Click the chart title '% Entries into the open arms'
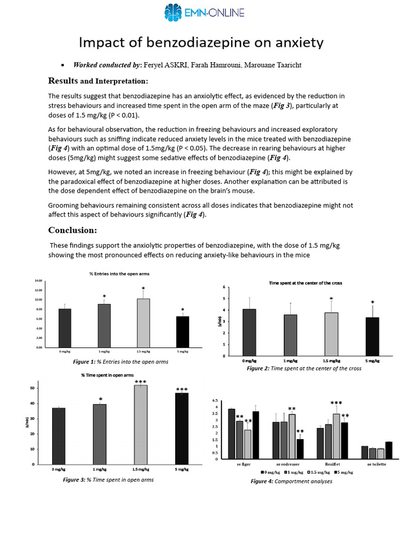(x=119, y=274)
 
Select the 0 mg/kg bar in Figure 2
(x=249, y=332)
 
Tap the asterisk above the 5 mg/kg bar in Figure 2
(x=372, y=303)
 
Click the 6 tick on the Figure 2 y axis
(x=224, y=287)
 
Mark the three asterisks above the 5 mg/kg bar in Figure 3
(x=182, y=390)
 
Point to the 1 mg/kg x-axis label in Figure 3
(x=100, y=470)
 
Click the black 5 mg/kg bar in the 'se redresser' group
(x=300, y=449)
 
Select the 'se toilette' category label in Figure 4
(x=377, y=464)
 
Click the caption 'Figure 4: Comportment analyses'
(x=291, y=481)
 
